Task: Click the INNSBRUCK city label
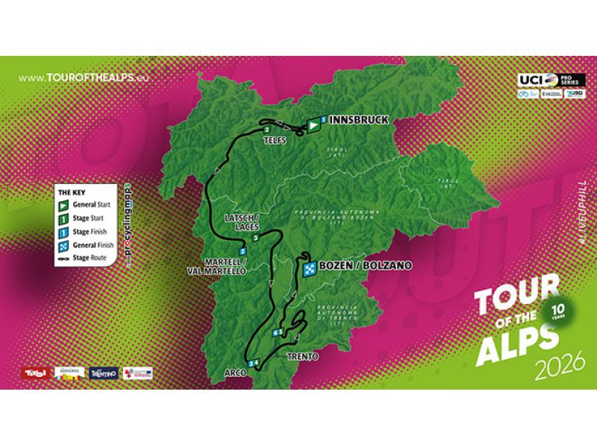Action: tap(349, 118)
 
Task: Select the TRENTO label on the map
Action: tap(302, 357)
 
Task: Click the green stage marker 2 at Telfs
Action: tap(266, 130)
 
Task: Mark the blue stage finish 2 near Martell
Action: tap(243, 252)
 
